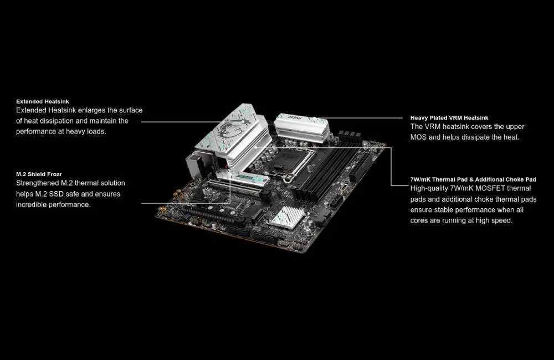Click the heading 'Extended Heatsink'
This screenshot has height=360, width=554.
pyautogui.click(x=43, y=102)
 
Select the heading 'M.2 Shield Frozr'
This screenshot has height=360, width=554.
pyautogui.click(x=39, y=174)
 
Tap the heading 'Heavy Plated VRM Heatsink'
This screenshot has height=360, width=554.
pyautogui.click(x=449, y=118)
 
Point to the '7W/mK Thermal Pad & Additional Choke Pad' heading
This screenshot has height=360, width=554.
pyautogui.click(x=473, y=179)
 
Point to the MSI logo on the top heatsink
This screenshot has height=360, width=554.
pyautogui.click(x=295, y=117)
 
